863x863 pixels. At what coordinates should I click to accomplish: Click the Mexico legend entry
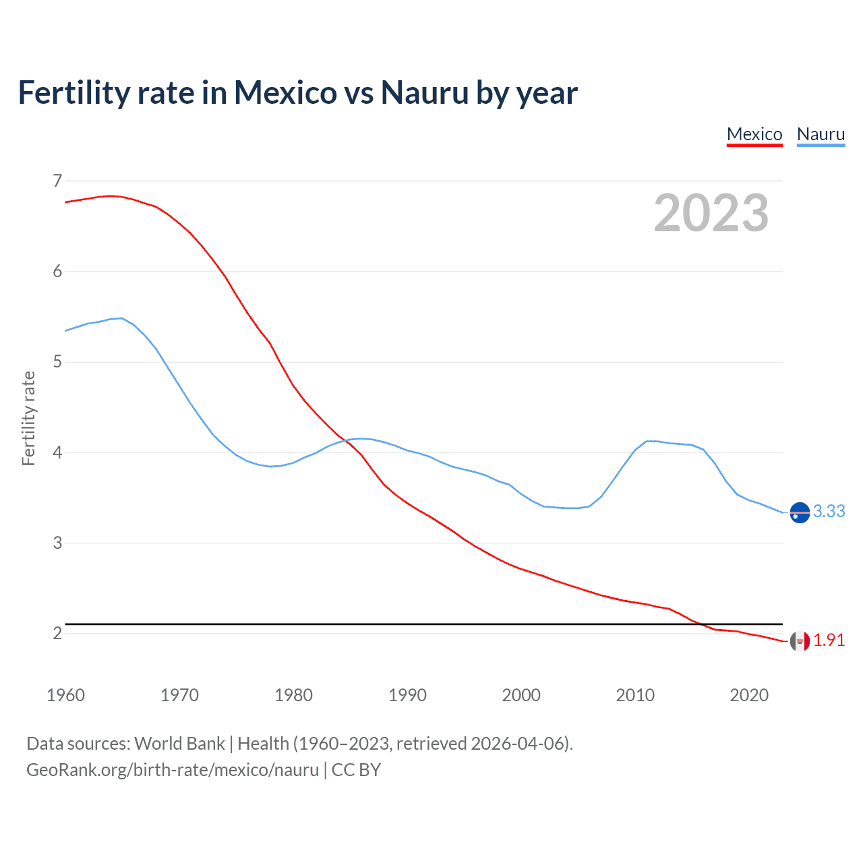754,134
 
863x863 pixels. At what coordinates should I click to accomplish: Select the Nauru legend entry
821,134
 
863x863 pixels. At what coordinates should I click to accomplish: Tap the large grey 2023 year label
711,213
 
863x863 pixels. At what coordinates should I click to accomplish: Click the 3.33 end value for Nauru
829,512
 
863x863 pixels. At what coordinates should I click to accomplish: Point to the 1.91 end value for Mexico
829,640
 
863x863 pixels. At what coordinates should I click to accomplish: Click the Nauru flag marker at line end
800,513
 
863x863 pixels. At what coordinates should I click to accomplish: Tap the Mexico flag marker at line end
800,641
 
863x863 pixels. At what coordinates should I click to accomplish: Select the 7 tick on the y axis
57,181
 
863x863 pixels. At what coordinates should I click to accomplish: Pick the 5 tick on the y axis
57,362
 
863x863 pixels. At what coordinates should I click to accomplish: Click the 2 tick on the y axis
57,633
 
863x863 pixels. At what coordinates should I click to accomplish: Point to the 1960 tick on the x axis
65,695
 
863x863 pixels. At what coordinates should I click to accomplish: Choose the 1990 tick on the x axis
407,695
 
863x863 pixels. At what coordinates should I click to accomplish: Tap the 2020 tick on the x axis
749,695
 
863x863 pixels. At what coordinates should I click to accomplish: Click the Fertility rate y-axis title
28,418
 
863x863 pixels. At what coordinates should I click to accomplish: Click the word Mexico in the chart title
285,93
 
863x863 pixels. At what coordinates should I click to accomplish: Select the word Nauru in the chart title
425,93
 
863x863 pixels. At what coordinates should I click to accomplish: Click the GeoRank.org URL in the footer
173,770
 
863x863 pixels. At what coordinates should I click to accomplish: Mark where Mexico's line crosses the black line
701,624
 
